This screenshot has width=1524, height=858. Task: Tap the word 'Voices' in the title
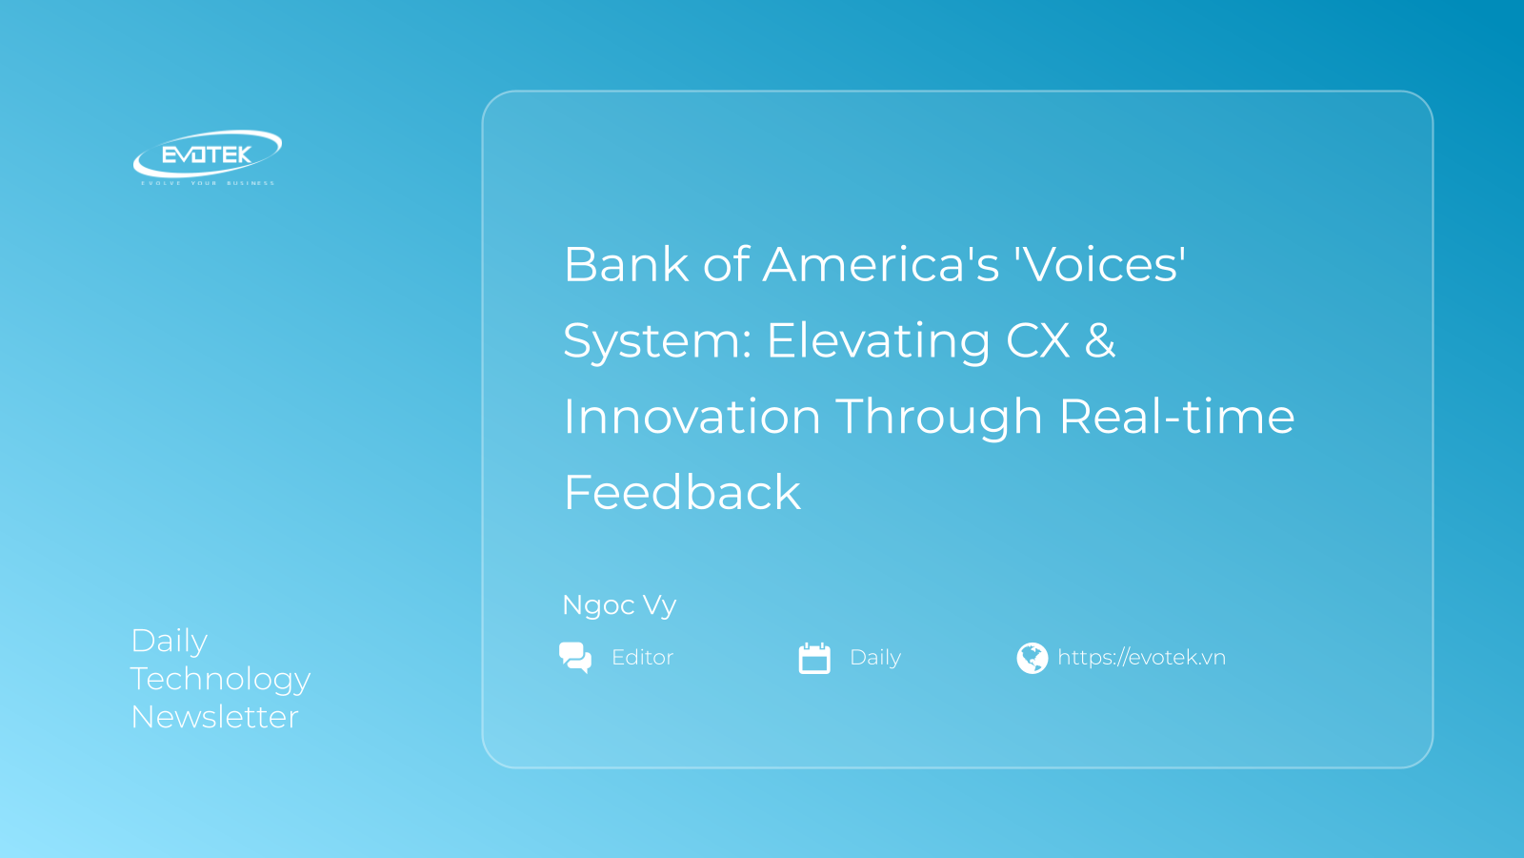coord(1100,265)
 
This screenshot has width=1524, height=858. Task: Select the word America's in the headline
coord(881,265)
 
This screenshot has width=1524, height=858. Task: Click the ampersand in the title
coord(1100,340)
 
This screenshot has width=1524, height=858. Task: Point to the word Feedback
coord(682,493)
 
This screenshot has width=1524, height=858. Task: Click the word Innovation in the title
coord(692,417)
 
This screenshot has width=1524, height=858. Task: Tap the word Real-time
coord(1176,417)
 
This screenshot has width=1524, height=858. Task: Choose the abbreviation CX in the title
coord(1037,340)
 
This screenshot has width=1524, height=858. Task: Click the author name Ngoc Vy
coord(619,605)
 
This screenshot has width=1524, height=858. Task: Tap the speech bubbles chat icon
coord(575,658)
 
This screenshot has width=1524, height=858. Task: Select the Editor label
coord(642,658)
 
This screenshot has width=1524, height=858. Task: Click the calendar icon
coord(814,658)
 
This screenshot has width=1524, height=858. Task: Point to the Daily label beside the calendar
coord(875,658)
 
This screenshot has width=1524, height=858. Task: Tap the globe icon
coord(1032,658)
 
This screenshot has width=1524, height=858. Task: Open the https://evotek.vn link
coord(1141,658)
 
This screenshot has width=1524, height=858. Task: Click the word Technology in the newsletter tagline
coord(220,680)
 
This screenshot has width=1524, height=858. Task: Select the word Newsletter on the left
coord(214,717)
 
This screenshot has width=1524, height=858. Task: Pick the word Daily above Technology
coord(169,641)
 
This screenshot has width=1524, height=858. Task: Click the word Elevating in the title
coord(878,340)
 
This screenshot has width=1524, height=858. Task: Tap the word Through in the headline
coord(938,417)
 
